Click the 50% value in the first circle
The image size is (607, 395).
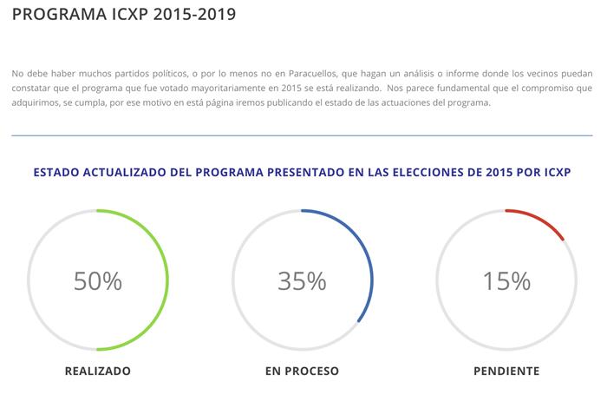(98, 280)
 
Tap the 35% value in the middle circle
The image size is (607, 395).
(302, 280)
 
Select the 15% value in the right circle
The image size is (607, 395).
(506, 280)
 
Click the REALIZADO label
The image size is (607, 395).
(98, 371)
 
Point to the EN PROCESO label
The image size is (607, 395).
(302, 371)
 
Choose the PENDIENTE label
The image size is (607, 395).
(506, 371)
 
